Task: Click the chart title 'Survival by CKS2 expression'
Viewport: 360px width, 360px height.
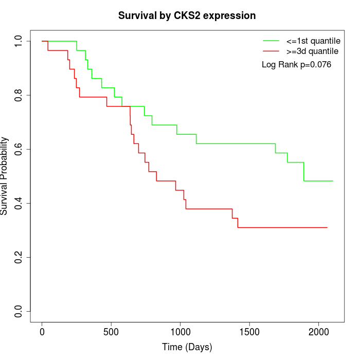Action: click(x=187, y=15)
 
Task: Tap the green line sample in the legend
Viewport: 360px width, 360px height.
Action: click(x=271, y=41)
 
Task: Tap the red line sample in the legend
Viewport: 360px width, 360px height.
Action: click(x=271, y=51)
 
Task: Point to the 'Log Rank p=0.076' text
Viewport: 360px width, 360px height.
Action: click(x=296, y=65)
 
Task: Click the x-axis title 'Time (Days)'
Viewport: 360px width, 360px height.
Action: click(x=187, y=347)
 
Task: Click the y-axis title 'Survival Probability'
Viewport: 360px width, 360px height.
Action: click(x=5, y=176)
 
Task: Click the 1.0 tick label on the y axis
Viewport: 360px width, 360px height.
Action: click(x=19, y=41)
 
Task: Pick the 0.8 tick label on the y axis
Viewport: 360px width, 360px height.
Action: click(x=19, y=95)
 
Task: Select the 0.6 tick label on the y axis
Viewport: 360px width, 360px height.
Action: click(x=19, y=149)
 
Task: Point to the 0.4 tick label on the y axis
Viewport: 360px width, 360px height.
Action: click(x=19, y=203)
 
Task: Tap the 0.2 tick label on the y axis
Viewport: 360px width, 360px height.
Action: click(x=19, y=257)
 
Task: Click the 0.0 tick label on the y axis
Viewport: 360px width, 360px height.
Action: click(x=19, y=311)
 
